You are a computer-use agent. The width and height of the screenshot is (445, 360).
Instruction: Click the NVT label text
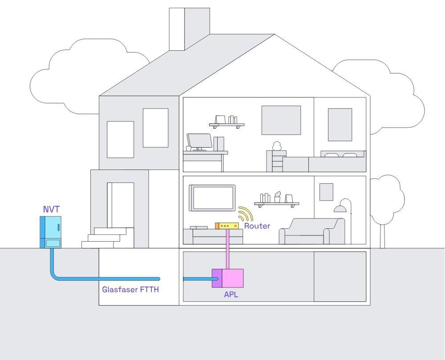tap(51, 209)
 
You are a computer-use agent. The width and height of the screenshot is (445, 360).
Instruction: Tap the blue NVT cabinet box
tap(50, 231)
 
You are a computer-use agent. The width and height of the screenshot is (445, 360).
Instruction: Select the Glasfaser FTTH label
tap(130, 289)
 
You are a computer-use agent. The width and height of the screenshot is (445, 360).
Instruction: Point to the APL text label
tap(231, 294)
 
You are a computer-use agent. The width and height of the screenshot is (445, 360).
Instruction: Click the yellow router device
tap(227, 226)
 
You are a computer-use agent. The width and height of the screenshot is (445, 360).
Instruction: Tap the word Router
tap(257, 226)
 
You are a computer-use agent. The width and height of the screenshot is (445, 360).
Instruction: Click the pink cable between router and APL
tap(227, 249)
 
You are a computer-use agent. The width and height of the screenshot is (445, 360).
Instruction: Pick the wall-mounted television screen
tap(213, 198)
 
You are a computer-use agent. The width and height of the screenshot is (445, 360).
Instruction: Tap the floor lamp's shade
tap(341, 208)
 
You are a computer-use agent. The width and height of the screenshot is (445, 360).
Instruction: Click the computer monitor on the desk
tap(199, 141)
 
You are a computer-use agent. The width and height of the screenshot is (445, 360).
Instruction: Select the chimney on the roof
tap(189, 29)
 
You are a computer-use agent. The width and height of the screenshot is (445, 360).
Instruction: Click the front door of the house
tap(121, 205)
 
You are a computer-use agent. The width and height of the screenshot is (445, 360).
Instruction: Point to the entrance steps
tap(108, 238)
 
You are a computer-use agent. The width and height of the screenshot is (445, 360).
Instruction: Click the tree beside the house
tap(386, 200)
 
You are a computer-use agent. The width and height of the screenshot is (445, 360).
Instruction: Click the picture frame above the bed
tap(340, 124)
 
